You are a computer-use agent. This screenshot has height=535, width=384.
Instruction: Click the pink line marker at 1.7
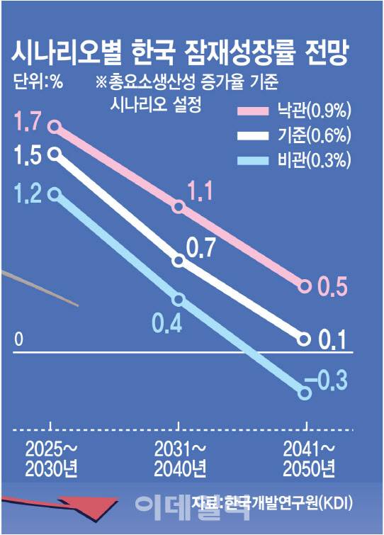point(55,128)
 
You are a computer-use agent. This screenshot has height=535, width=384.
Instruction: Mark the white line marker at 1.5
point(55,152)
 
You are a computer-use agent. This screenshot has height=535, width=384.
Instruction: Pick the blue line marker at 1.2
point(55,191)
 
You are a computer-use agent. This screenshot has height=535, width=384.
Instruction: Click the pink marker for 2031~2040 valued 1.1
point(179,207)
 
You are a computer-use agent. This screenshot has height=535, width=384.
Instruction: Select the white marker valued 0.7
point(179,261)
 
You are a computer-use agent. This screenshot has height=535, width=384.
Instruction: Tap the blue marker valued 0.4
point(179,299)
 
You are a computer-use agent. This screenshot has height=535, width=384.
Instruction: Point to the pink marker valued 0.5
point(305,286)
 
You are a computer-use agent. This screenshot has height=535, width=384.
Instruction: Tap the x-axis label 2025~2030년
point(52,458)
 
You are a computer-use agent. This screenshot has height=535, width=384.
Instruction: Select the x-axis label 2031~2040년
point(180,458)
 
